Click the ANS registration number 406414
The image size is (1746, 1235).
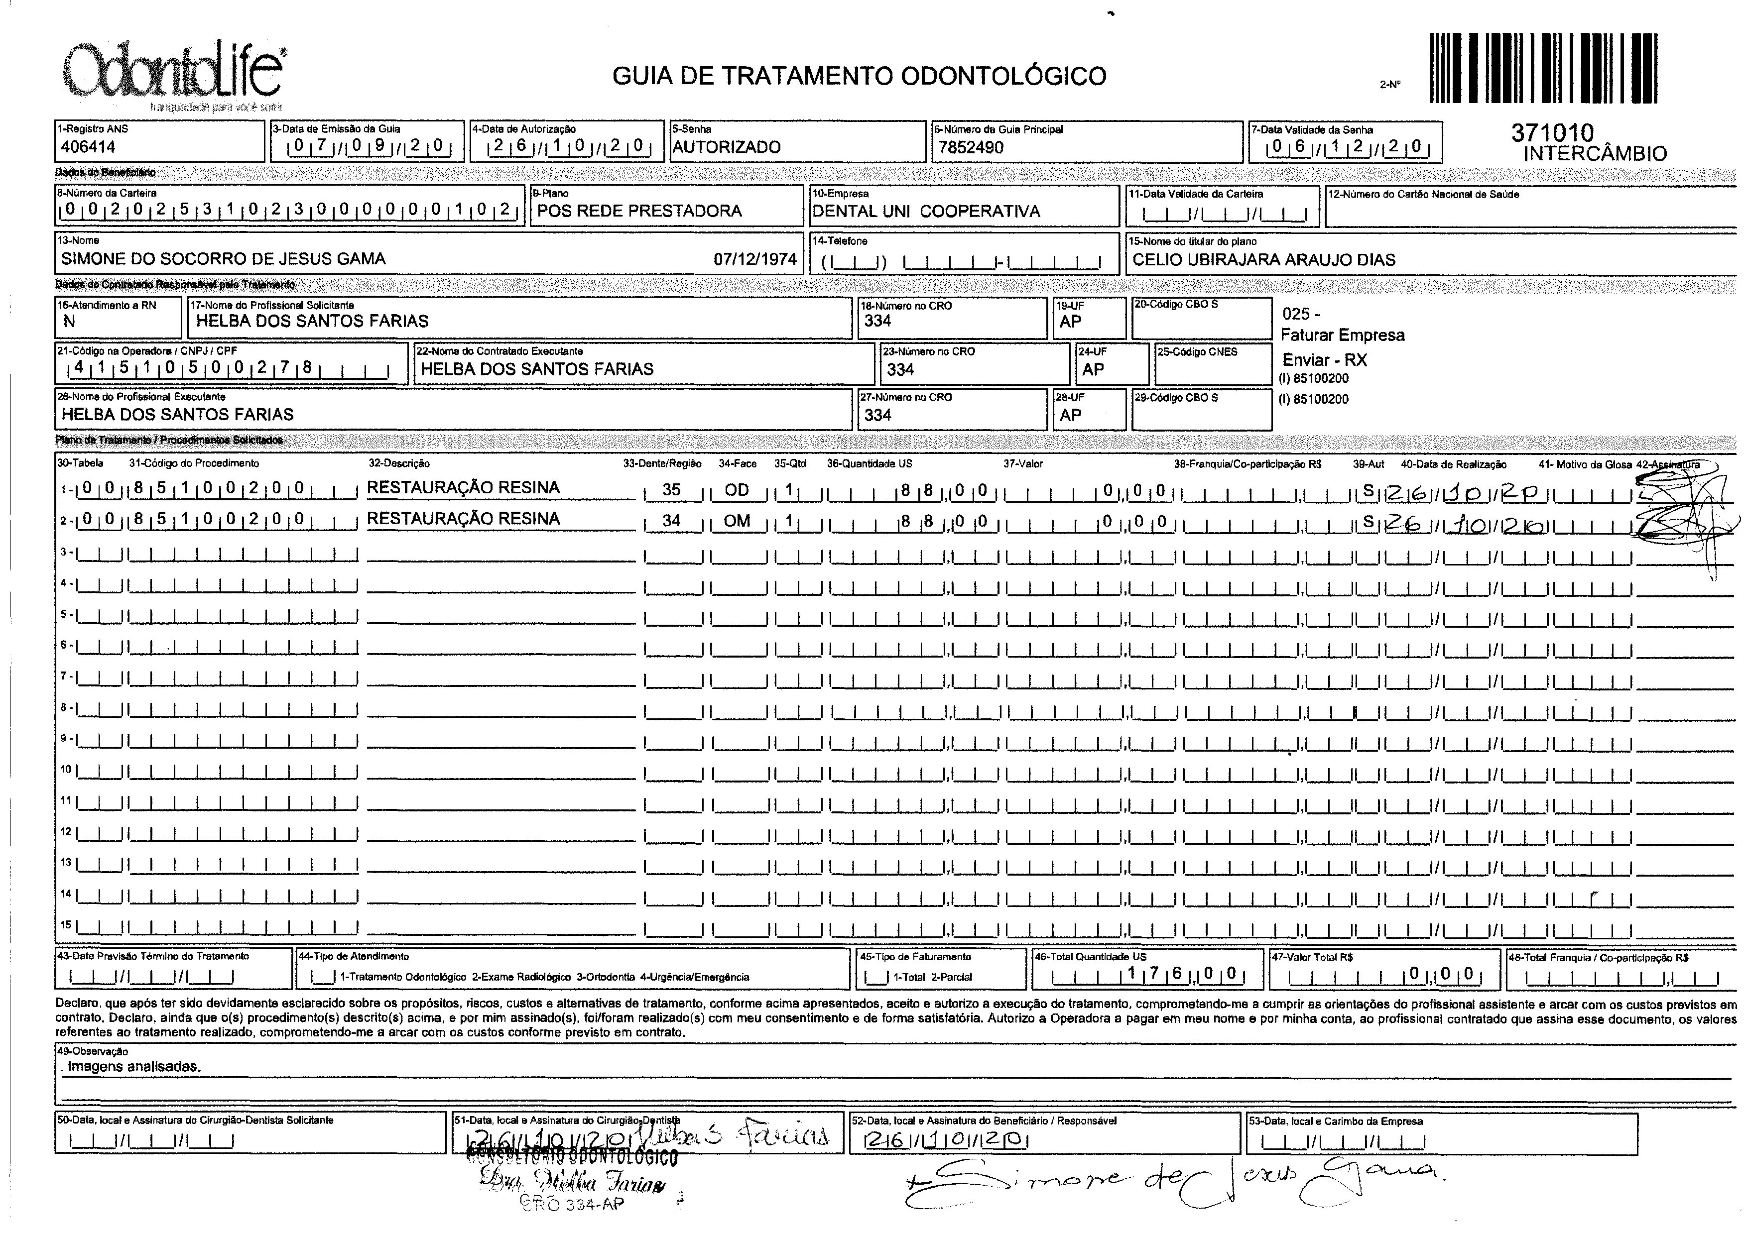[88, 147]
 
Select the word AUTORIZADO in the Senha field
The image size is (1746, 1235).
[727, 147]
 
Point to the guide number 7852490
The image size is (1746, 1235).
[971, 147]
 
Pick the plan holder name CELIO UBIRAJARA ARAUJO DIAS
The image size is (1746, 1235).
[1263, 259]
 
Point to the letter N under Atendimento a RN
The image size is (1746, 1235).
[69, 322]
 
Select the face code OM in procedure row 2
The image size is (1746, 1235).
[737, 521]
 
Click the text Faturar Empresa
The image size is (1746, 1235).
[1343, 336]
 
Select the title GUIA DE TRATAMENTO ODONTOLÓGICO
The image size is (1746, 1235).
[859, 76]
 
